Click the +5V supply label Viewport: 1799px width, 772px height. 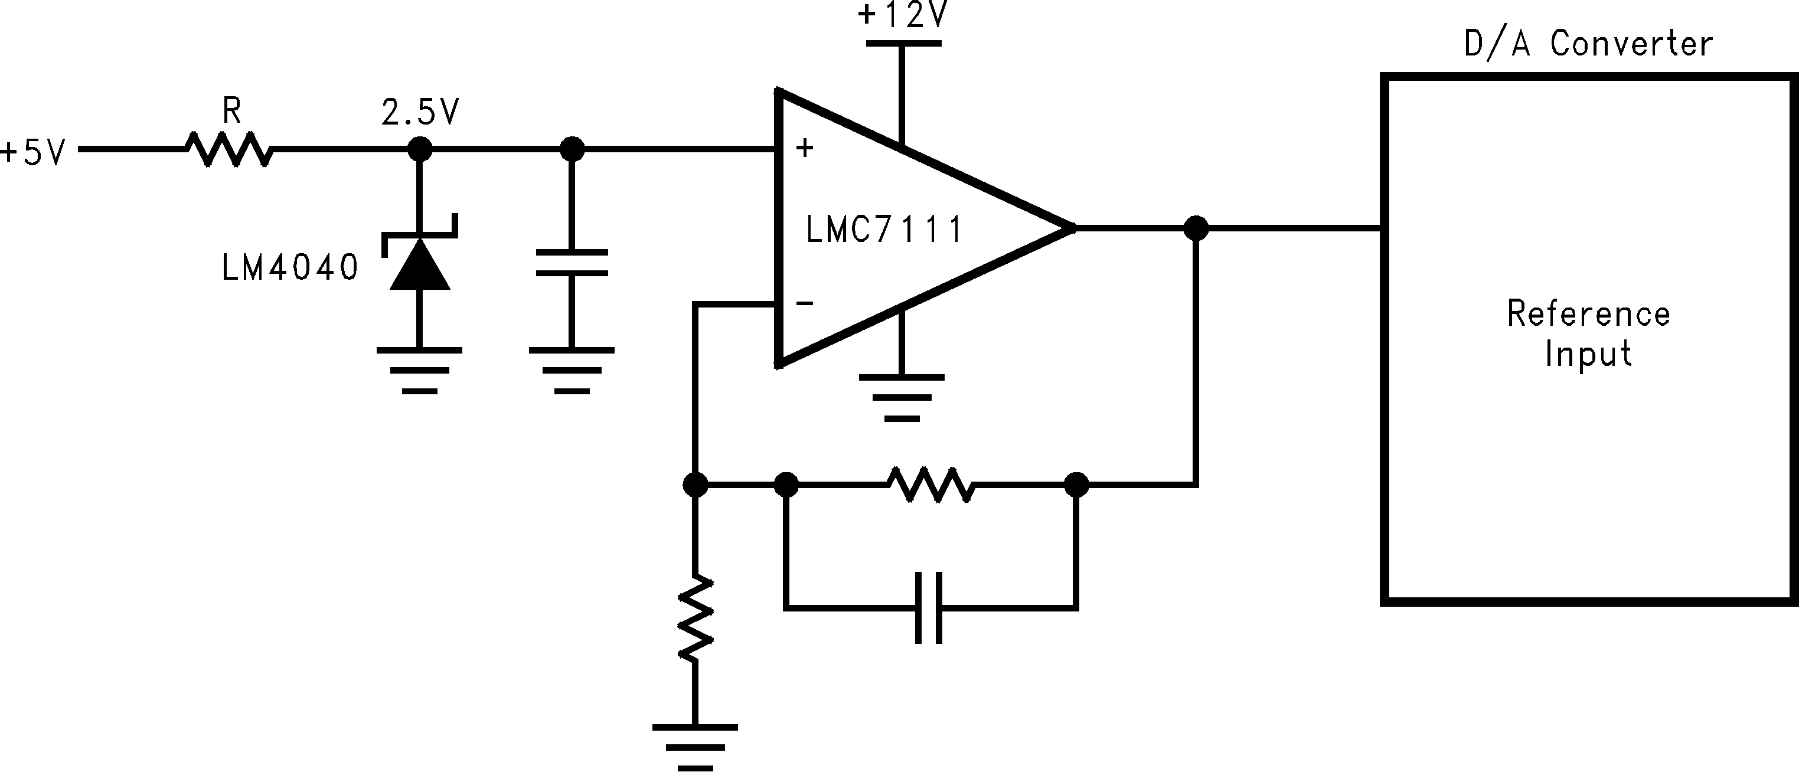coord(34,152)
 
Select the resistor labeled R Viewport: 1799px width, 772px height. coord(229,149)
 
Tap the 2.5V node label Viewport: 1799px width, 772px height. coord(420,112)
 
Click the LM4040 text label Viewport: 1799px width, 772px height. coord(290,267)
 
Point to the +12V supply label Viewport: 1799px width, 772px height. coord(902,15)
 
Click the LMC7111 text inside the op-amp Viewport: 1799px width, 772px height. coord(884,230)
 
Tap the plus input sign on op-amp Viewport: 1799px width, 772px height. coord(805,148)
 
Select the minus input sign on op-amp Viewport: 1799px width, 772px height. coord(805,303)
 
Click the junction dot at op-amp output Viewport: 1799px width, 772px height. coord(1196,228)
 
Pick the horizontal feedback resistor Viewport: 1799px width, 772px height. coord(931,485)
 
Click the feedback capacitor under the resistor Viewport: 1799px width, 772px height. coord(929,608)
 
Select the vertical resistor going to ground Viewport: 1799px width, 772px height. coord(695,619)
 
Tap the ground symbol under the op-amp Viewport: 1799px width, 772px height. coord(902,397)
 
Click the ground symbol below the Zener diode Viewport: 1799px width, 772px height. coord(420,370)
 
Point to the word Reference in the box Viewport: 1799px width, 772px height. coord(1588,313)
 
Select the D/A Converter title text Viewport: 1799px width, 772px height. coord(1588,45)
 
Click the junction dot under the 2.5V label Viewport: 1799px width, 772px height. coord(420,149)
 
